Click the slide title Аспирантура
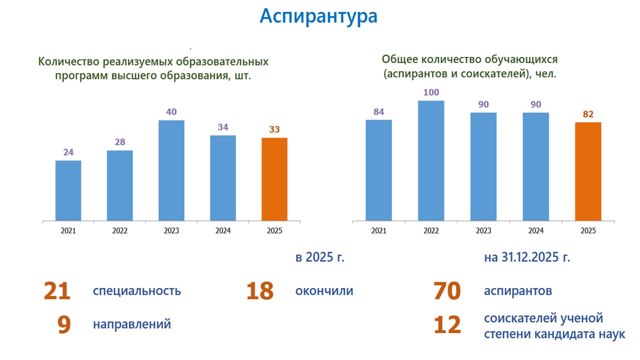coord(318,16)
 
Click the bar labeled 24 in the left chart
coord(68,190)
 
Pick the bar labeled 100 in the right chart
coord(431,160)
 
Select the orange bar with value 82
coord(588,171)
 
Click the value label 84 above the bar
coord(378,112)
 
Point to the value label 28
coord(119,142)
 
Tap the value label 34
coord(223,127)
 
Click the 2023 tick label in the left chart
coord(171,231)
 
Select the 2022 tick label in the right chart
coord(431,231)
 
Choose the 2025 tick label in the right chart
coord(588,231)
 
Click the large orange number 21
coord(57,291)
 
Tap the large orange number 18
coord(260,291)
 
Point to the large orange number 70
coord(447,291)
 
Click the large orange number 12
coord(447,325)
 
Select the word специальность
coord(136,291)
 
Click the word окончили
coord(324,291)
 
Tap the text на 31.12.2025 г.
coord(527,258)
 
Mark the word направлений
coord(132,324)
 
